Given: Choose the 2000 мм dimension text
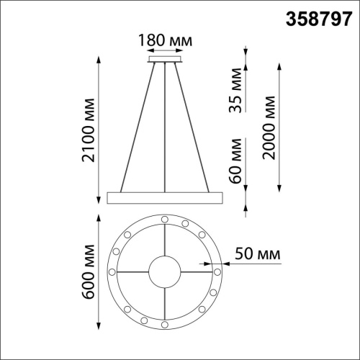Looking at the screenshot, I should (270, 129).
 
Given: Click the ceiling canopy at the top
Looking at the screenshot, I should (165, 61).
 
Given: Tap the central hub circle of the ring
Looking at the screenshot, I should (165, 271).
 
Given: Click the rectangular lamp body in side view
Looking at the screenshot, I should (165, 196).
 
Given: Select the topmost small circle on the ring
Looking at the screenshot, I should (165, 217).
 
